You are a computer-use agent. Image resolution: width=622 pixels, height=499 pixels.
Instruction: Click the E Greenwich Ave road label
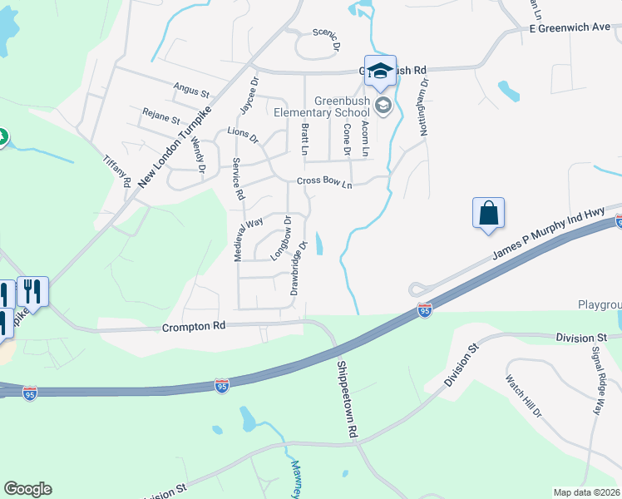pyautogui.click(x=570, y=27)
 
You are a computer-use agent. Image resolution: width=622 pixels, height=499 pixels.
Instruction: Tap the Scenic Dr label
pyautogui.click(x=327, y=38)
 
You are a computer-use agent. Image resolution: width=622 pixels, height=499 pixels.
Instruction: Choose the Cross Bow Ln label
pyautogui.click(x=324, y=183)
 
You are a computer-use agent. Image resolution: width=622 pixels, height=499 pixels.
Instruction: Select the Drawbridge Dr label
pyautogui.click(x=299, y=268)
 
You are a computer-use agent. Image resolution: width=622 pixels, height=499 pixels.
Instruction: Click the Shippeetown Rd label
pyautogui.click(x=347, y=398)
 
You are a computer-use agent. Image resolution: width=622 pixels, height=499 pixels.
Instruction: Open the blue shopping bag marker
pyautogui.click(x=488, y=212)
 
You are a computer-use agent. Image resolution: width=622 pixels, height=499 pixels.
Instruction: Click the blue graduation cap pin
pyautogui.click(x=380, y=71)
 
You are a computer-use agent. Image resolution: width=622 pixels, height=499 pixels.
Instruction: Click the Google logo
pyautogui.click(x=27, y=489)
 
